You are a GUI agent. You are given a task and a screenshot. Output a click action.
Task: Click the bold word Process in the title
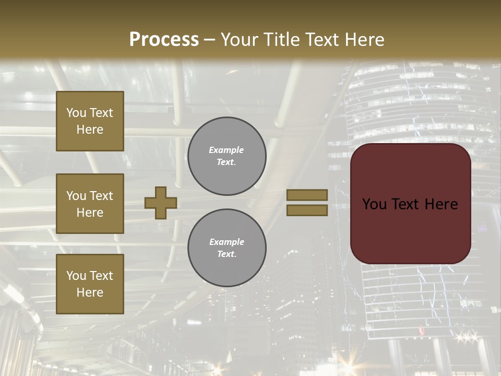164,40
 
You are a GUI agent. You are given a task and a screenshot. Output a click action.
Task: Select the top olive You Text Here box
90,121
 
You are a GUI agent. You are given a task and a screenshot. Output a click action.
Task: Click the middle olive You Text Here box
90,204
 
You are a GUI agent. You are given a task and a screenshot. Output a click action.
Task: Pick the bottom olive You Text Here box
90,284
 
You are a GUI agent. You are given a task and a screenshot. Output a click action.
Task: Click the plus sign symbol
161,203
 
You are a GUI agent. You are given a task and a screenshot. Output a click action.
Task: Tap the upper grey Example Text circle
227,156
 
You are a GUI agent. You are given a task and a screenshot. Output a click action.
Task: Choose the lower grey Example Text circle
227,248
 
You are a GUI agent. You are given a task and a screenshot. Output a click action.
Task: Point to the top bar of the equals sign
307,195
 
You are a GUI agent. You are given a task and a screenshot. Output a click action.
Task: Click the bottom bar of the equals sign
307,210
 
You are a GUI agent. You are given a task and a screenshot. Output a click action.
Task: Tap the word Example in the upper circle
226,150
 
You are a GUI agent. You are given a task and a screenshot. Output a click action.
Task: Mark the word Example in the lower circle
226,242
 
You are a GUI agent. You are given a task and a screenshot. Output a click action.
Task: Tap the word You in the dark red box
374,204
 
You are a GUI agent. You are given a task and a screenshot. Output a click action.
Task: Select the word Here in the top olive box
90,130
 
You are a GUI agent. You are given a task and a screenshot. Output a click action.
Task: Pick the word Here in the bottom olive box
90,292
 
